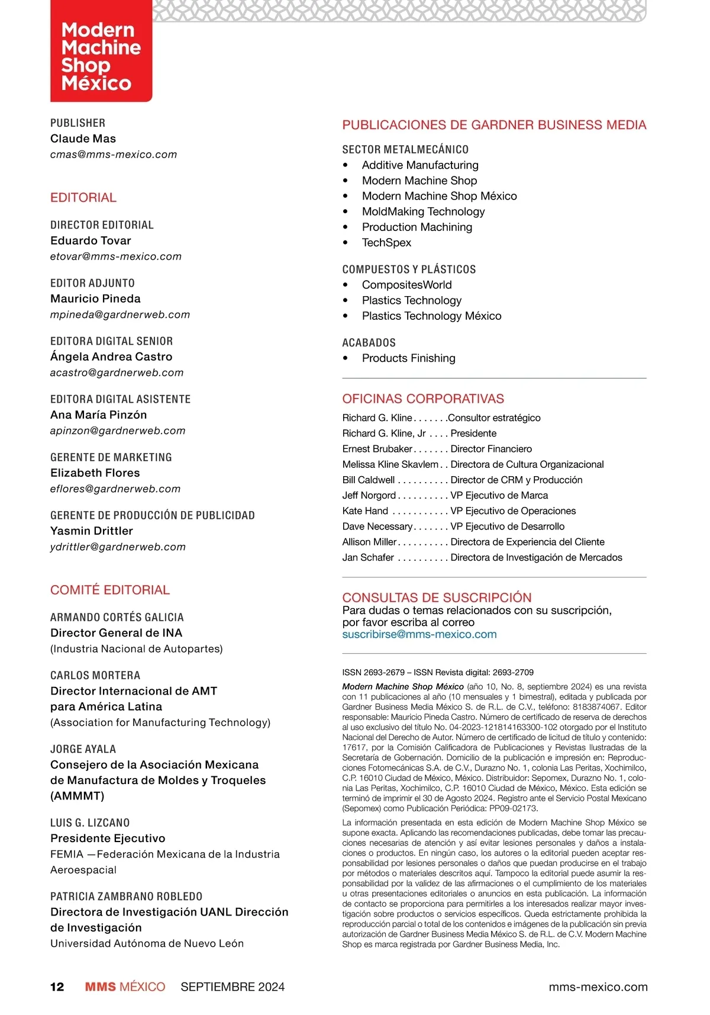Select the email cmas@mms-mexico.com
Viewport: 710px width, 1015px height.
[114, 155]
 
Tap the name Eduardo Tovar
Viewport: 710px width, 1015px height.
[91, 240]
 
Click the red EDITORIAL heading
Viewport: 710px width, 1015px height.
[83, 198]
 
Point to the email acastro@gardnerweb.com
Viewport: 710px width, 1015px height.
[117, 372]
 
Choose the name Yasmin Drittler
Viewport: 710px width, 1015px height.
[92, 531]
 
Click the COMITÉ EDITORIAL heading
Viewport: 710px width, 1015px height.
[110, 590]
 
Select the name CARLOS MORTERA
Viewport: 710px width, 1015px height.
[95, 675]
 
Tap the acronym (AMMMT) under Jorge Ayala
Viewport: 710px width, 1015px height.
[77, 796]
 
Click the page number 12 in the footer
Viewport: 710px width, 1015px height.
[57, 987]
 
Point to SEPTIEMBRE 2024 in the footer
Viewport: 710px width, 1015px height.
[233, 987]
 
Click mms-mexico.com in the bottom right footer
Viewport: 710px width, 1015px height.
[598, 987]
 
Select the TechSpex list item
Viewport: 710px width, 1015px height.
[386, 242]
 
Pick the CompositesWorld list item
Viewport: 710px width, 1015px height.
[406, 285]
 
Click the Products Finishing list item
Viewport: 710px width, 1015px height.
[408, 358]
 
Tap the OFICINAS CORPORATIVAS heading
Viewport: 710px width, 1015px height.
[423, 399]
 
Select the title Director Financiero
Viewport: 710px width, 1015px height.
[491, 449]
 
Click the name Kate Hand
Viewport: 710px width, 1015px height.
[365, 511]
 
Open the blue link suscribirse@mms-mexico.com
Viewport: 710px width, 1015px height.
[419, 634]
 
